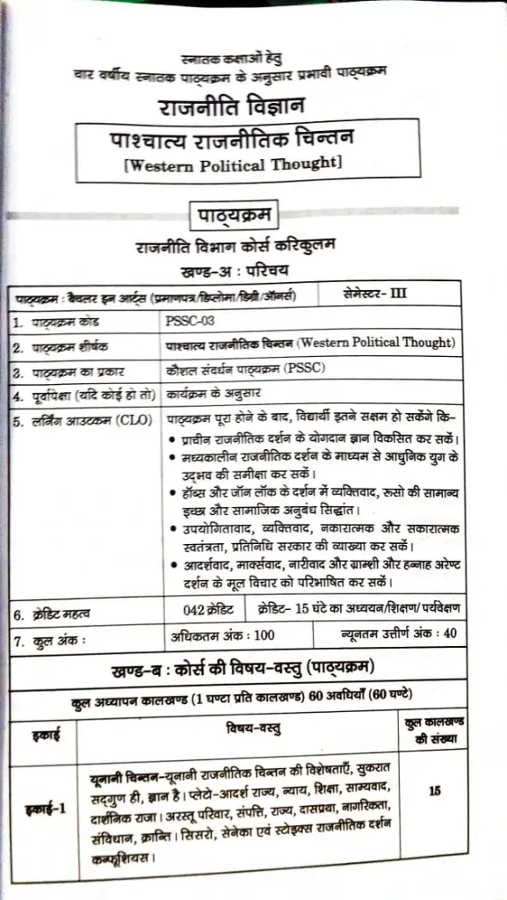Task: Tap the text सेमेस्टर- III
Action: (375, 293)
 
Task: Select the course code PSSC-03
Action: (190, 321)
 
